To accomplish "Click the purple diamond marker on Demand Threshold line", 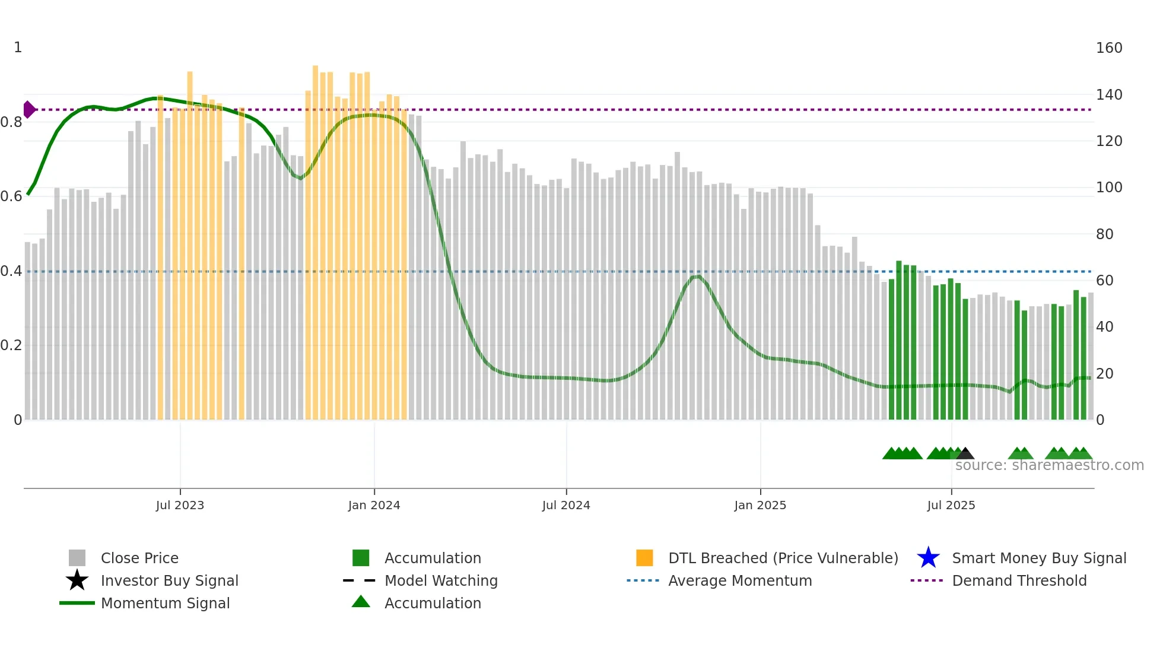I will tap(28, 110).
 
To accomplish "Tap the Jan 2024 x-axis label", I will tap(374, 505).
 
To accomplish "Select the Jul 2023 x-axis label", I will tap(180, 505).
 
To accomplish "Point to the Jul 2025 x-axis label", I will tap(951, 505).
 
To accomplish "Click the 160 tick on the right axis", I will tap(1108, 48).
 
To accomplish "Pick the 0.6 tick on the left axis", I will tap(11, 196).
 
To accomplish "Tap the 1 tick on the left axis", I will tap(18, 47).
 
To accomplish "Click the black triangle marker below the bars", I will tap(965, 453).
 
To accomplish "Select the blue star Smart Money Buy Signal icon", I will tap(928, 558).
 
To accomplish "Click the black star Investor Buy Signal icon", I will tap(77, 580).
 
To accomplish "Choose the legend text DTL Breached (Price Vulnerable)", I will tap(783, 558).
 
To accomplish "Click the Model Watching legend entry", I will tap(441, 580).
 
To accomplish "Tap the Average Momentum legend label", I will tap(740, 580).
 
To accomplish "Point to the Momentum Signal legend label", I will tap(165, 603).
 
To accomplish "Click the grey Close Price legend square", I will tap(77, 558).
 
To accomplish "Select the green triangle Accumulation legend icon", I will tap(361, 602).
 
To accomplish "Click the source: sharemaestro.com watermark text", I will tap(1049, 465).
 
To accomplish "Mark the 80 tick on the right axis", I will tap(1104, 234).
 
